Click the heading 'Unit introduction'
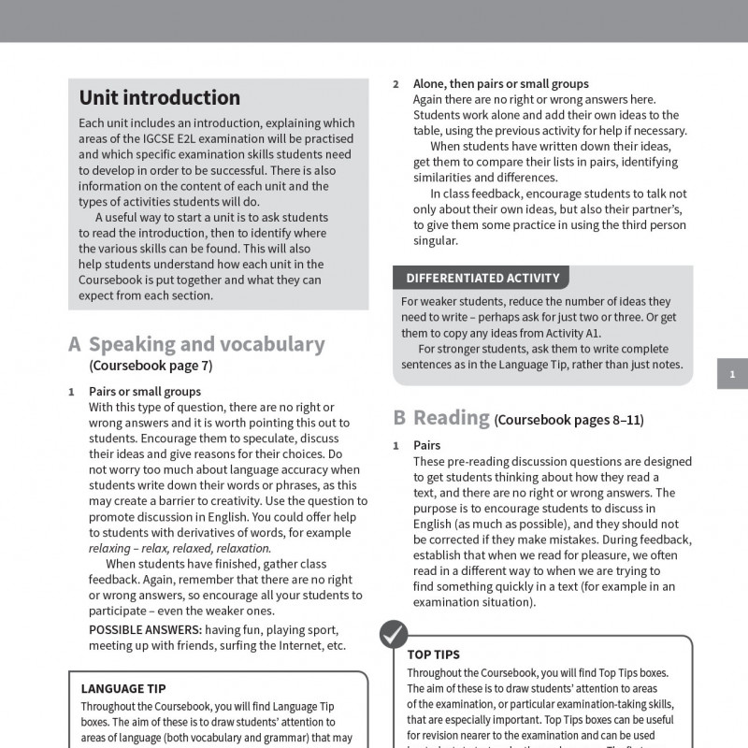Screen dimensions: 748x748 coord(159,98)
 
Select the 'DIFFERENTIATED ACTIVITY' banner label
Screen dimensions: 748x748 coord(482,278)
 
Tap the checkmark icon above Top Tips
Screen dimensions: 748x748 coord(393,633)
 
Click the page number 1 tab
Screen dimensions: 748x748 coord(732,375)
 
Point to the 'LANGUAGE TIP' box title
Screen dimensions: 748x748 coord(122,688)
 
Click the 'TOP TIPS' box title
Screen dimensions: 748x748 coord(433,654)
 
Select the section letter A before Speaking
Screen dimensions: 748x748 coord(75,344)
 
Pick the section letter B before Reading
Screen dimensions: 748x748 coord(399,417)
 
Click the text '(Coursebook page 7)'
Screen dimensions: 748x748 coord(151,366)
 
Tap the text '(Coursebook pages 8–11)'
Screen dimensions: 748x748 coord(569,420)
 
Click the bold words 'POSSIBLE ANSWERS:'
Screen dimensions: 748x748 coord(145,629)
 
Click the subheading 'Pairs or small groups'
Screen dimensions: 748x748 coord(145,392)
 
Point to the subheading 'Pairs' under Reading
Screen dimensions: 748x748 coord(426,445)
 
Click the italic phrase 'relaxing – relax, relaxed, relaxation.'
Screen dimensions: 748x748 coord(180,548)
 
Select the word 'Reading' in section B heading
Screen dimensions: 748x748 coord(452,417)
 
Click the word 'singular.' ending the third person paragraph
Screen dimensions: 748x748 coord(435,240)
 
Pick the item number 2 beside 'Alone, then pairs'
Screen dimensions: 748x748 coord(396,84)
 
